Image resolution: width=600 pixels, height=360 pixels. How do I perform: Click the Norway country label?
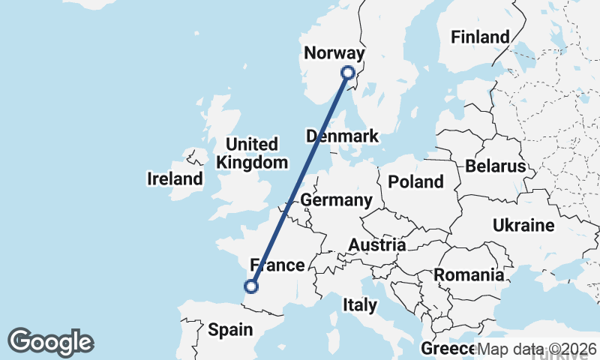[334, 53]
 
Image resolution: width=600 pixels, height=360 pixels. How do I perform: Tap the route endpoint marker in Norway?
[347, 73]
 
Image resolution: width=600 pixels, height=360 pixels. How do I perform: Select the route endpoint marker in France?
[252, 286]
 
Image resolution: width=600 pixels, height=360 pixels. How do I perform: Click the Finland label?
[480, 37]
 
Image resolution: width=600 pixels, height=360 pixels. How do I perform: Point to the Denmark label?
[343, 136]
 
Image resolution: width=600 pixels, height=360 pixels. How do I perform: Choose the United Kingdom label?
[252, 153]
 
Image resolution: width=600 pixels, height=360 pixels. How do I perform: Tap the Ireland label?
[175, 178]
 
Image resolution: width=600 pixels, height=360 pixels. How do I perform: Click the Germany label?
[336, 200]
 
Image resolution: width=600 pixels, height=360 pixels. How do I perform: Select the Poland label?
[415, 181]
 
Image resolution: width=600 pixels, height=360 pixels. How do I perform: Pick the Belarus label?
[496, 166]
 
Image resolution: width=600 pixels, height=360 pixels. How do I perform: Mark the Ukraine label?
[523, 225]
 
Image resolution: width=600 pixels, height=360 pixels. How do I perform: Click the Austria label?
[377, 244]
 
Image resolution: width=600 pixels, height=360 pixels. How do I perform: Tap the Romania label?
[469, 274]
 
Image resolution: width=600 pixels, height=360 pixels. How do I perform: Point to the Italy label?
[359, 304]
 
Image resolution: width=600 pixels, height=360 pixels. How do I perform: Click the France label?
[278, 265]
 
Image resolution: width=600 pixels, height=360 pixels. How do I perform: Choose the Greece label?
[447, 349]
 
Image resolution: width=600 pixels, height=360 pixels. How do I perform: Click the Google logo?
[50, 342]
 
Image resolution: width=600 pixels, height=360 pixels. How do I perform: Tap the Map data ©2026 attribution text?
[537, 349]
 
